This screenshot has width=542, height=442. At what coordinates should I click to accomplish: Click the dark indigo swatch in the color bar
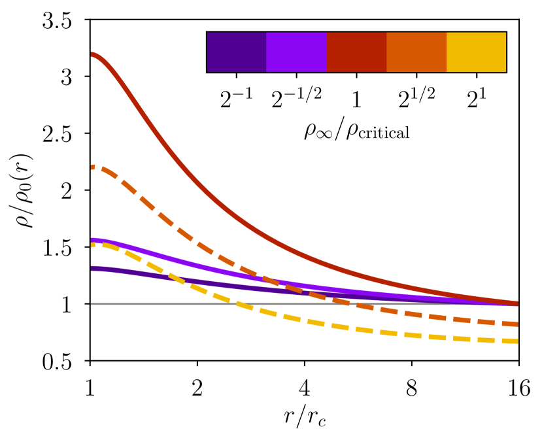pos(237,52)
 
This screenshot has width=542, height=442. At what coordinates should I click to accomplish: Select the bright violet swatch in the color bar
pos(296,52)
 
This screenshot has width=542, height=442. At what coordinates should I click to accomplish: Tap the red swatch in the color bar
pos(356,52)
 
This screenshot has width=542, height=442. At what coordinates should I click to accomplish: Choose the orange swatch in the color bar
pos(416,52)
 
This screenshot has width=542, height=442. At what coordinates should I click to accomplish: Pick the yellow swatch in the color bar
pos(476,52)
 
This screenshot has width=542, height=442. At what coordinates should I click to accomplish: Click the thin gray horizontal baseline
pos(163,304)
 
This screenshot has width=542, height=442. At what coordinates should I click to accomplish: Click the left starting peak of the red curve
pos(92,54)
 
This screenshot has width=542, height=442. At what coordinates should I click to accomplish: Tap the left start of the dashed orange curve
pos(92,167)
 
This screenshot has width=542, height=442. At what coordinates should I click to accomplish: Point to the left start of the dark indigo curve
pos(92,268)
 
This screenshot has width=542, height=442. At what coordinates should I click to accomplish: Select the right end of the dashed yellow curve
pos(517,341)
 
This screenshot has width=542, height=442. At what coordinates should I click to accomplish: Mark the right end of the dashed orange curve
pos(517,324)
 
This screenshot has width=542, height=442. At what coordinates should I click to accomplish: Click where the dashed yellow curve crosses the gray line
pos(239,304)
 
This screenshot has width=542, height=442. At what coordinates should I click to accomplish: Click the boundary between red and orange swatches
pos(386,52)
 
